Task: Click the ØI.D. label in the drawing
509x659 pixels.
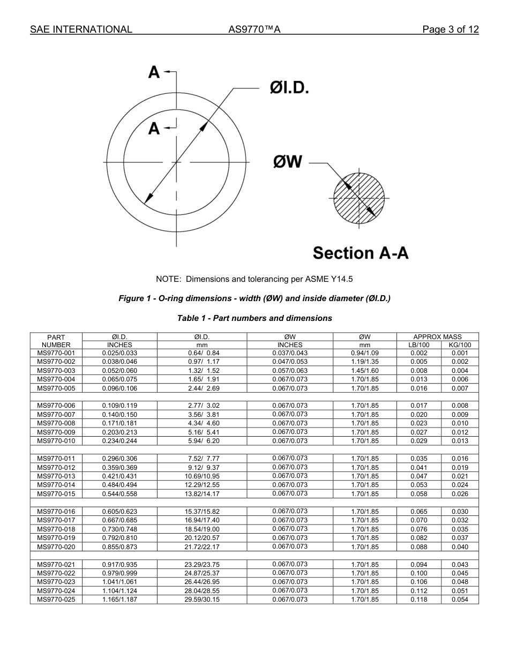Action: click(289, 88)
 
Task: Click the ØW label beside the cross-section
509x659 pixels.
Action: click(288, 161)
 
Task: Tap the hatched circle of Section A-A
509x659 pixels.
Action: click(359, 199)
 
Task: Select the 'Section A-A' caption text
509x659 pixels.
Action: click(360, 252)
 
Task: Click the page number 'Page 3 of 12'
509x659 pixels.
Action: click(450, 29)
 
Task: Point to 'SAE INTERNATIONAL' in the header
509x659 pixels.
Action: click(81, 29)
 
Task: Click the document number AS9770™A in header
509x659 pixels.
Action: click(254, 29)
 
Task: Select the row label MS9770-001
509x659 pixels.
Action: click(56, 353)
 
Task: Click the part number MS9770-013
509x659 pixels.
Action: click(56, 476)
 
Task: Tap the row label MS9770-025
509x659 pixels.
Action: click(56, 600)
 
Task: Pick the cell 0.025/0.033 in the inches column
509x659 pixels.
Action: click(119, 353)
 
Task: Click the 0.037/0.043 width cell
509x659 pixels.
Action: click(290, 353)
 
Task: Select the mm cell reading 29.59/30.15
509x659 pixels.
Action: click(202, 600)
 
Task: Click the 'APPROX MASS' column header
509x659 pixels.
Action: click(437, 337)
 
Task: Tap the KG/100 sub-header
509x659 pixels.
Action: click(460, 345)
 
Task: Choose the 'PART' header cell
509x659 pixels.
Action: click(56, 338)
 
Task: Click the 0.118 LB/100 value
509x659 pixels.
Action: click(419, 600)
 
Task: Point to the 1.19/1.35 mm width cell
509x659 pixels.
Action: click(365, 362)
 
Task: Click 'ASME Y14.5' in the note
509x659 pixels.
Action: click(332, 279)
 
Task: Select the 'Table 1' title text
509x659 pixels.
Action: click(254, 318)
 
